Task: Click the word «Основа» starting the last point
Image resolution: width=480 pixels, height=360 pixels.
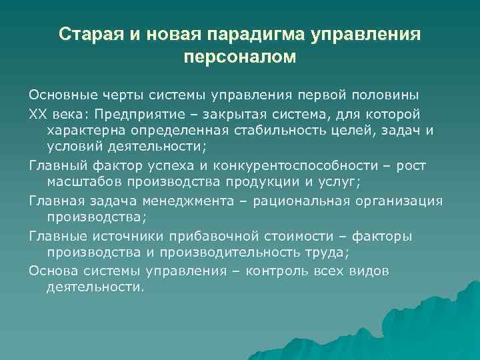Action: click(x=51, y=271)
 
